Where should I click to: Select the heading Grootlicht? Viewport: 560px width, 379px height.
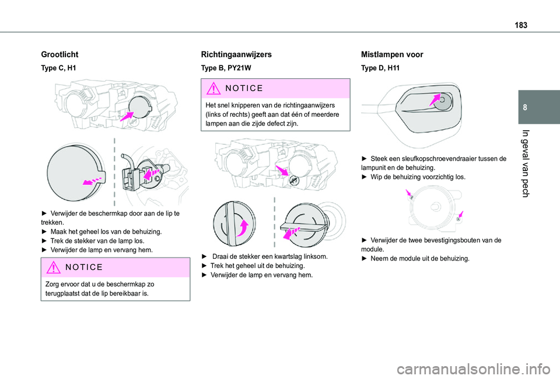pos(60,54)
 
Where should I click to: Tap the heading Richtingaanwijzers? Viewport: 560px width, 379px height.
pos(236,54)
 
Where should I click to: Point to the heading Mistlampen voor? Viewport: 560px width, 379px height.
pos(392,54)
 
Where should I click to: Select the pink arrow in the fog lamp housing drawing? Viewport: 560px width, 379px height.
pos(434,101)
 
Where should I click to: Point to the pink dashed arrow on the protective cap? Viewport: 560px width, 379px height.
pos(93,179)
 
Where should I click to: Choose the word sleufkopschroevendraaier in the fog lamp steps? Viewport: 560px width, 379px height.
pos(436,158)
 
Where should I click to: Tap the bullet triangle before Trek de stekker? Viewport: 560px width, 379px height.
pos(44,241)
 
